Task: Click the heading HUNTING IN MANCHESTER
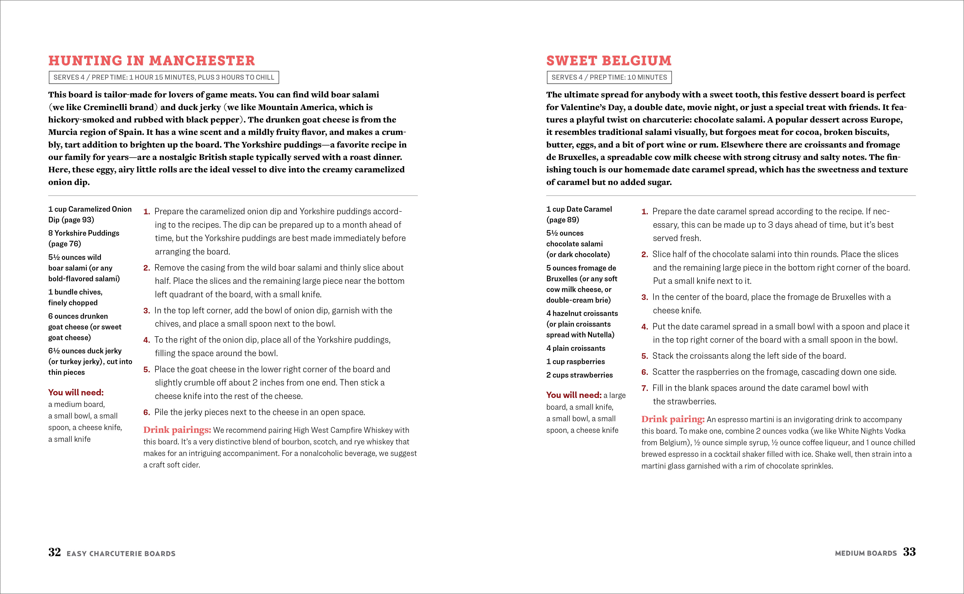pos(151,61)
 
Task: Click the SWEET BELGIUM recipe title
pos(609,61)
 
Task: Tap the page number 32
pos(55,552)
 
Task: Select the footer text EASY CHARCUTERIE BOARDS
pos(121,554)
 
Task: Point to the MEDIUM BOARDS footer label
pos(866,553)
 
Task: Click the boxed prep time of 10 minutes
pos(609,77)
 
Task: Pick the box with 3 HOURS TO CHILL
pos(163,77)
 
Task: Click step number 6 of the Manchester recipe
pos(147,412)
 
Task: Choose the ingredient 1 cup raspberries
pos(575,361)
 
